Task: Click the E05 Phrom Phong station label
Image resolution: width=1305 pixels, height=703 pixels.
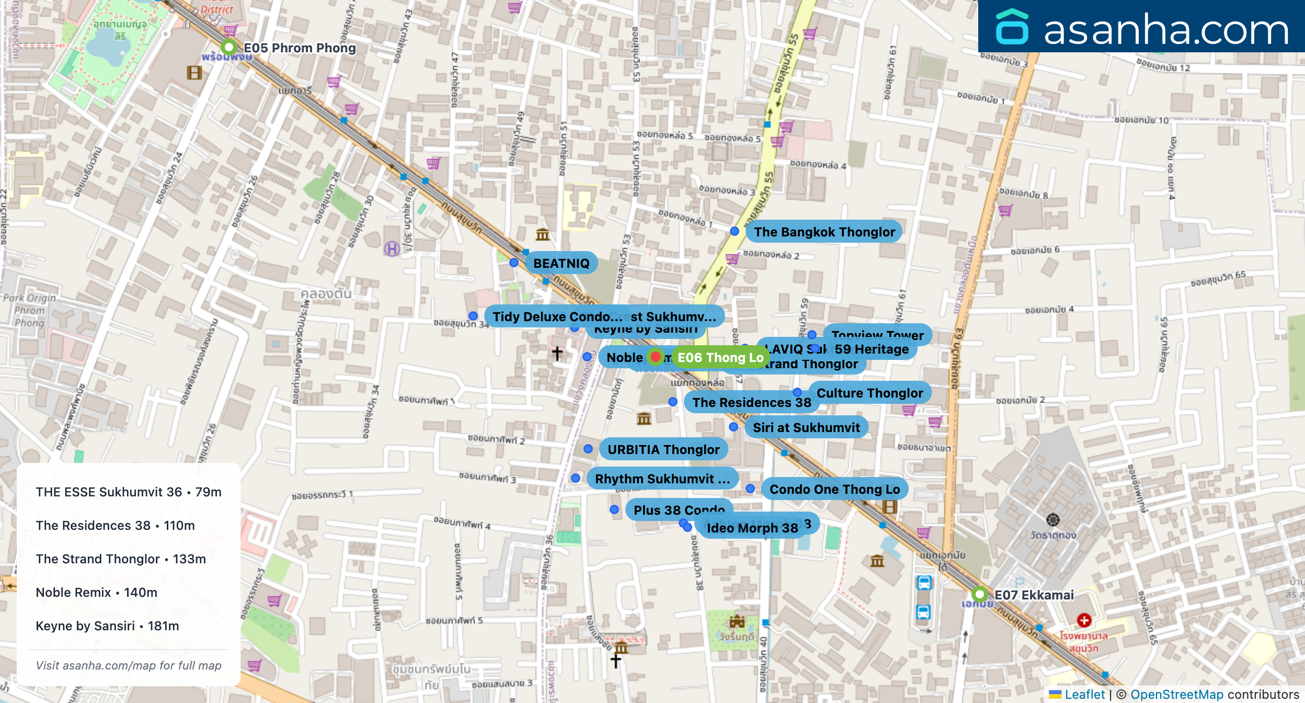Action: (299, 48)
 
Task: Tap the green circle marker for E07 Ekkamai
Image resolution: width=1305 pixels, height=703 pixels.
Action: (979, 595)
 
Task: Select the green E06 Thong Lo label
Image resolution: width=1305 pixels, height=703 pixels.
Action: (720, 358)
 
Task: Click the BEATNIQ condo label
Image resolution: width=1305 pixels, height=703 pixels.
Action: (561, 263)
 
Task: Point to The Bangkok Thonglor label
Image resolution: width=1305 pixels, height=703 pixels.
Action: (824, 232)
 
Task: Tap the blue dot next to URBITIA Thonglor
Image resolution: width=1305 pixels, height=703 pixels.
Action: (588, 449)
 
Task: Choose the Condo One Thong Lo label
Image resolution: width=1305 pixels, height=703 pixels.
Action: (834, 489)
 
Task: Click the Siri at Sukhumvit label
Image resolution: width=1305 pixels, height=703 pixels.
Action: (806, 427)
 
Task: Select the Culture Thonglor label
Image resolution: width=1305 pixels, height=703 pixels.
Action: (869, 393)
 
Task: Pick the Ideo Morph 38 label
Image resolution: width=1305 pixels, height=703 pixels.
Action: (752, 528)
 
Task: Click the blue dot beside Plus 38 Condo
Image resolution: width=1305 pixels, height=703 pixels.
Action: (614, 509)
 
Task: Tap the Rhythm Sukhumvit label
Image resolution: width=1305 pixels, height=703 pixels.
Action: (662, 479)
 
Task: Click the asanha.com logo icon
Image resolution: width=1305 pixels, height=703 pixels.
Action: (1012, 27)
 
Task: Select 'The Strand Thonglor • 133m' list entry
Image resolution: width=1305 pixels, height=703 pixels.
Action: (121, 559)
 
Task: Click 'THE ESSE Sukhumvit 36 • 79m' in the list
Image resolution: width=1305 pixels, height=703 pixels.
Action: (129, 492)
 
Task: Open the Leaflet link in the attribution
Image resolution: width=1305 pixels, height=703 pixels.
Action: (1084, 694)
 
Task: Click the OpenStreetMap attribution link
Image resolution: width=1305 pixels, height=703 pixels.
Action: (1176, 694)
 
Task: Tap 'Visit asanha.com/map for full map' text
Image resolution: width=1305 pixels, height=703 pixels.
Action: (129, 665)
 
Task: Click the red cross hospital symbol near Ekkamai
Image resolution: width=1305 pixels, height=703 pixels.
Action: (1084, 620)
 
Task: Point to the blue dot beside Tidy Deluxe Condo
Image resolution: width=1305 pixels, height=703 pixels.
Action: (473, 316)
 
